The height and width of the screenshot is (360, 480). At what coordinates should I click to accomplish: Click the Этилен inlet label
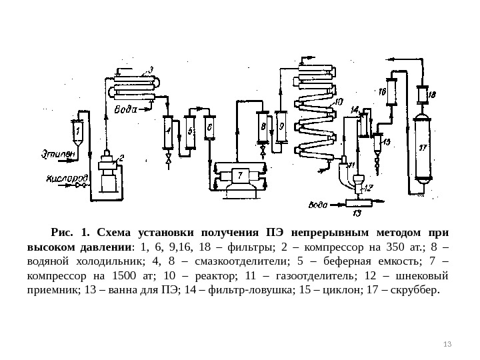(x=58, y=155)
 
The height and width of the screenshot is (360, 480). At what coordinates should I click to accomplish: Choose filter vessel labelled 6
(x=209, y=125)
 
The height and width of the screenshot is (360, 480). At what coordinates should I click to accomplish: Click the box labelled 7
(x=239, y=175)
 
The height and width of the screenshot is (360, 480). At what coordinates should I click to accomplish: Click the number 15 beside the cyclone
(x=387, y=141)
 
